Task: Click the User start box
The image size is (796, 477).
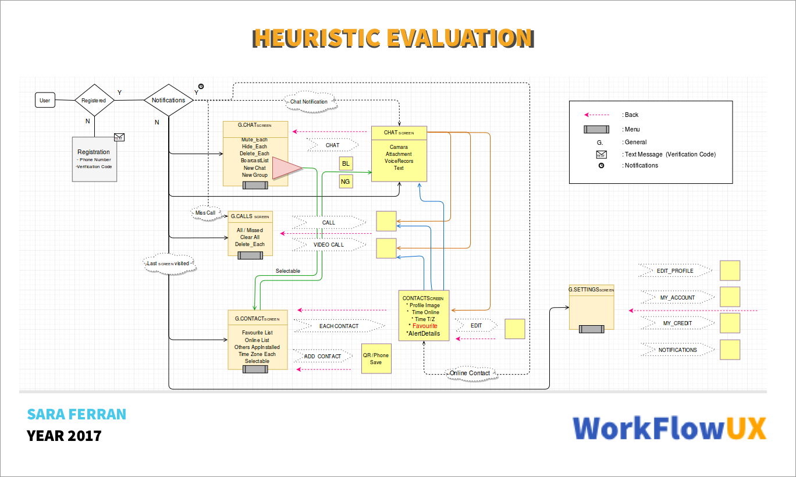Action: coord(45,101)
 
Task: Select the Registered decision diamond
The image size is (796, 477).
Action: coord(94,100)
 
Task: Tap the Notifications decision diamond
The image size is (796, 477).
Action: coord(168,100)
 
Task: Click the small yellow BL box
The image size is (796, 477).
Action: coord(346,163)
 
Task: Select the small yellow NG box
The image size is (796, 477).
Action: coord(346,182)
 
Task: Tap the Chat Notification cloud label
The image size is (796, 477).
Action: coord(309,102)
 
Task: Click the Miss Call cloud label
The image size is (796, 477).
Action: coord(205,213)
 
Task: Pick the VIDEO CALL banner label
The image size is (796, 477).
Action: coord(329,245)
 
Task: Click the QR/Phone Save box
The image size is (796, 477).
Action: coord(376,359)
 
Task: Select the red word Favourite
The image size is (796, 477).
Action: coord(425,326)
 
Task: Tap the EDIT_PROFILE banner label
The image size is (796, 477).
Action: coord(675,271)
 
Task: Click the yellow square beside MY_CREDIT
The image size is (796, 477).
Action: coord(730,323)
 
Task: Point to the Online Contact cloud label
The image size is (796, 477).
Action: coord(470,373)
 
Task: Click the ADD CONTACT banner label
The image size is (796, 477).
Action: coord(322,356)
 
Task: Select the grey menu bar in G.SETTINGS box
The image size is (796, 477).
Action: coord(591,329)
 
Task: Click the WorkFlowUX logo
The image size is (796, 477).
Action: coord(669,429)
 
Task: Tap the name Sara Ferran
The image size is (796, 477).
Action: coord(76,414)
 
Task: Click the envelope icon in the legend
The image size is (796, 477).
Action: coord(601,154)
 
